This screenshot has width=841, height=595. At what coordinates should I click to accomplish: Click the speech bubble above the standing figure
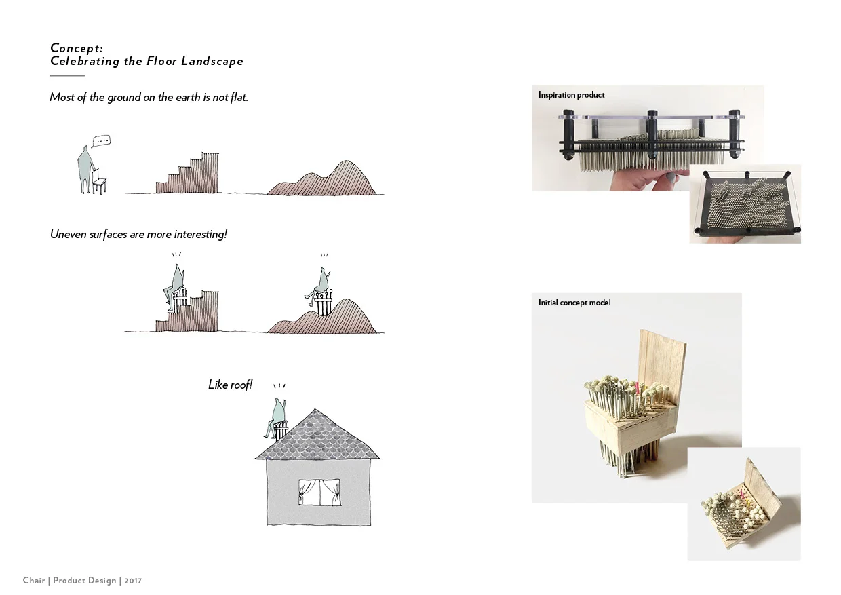pos(101,141)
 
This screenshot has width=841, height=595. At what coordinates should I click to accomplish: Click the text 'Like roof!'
pos(230,385)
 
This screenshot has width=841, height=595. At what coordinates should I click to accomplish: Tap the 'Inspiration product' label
pos(571,95)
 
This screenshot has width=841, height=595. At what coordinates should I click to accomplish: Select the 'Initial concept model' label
pos(574,303)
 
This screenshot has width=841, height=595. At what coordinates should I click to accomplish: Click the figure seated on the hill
pos(321,285)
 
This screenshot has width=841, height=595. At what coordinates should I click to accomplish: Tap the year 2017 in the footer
pos(133,581)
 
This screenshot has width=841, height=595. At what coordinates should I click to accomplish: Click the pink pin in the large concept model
pos(637,389)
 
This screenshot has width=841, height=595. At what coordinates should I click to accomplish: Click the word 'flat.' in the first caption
pos(237,98)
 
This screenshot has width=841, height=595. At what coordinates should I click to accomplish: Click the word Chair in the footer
pos(33,581)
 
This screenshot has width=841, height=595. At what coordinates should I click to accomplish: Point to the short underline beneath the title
pos(67,76)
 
